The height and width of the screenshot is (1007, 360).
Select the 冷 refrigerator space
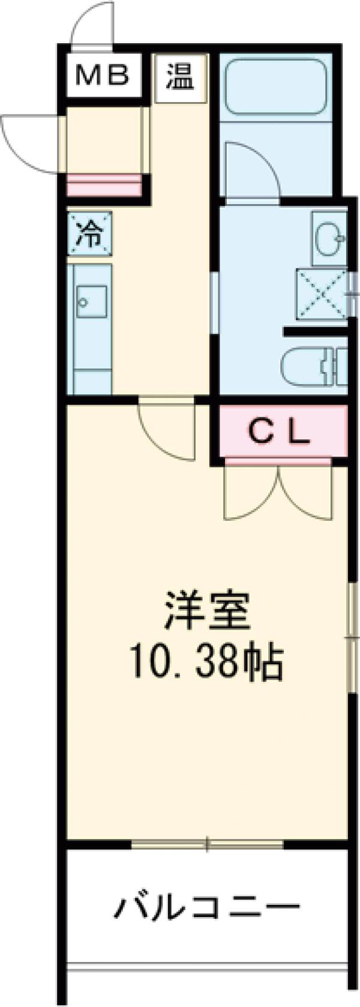(89, 234)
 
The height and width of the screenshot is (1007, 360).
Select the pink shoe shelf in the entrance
(104, 185)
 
